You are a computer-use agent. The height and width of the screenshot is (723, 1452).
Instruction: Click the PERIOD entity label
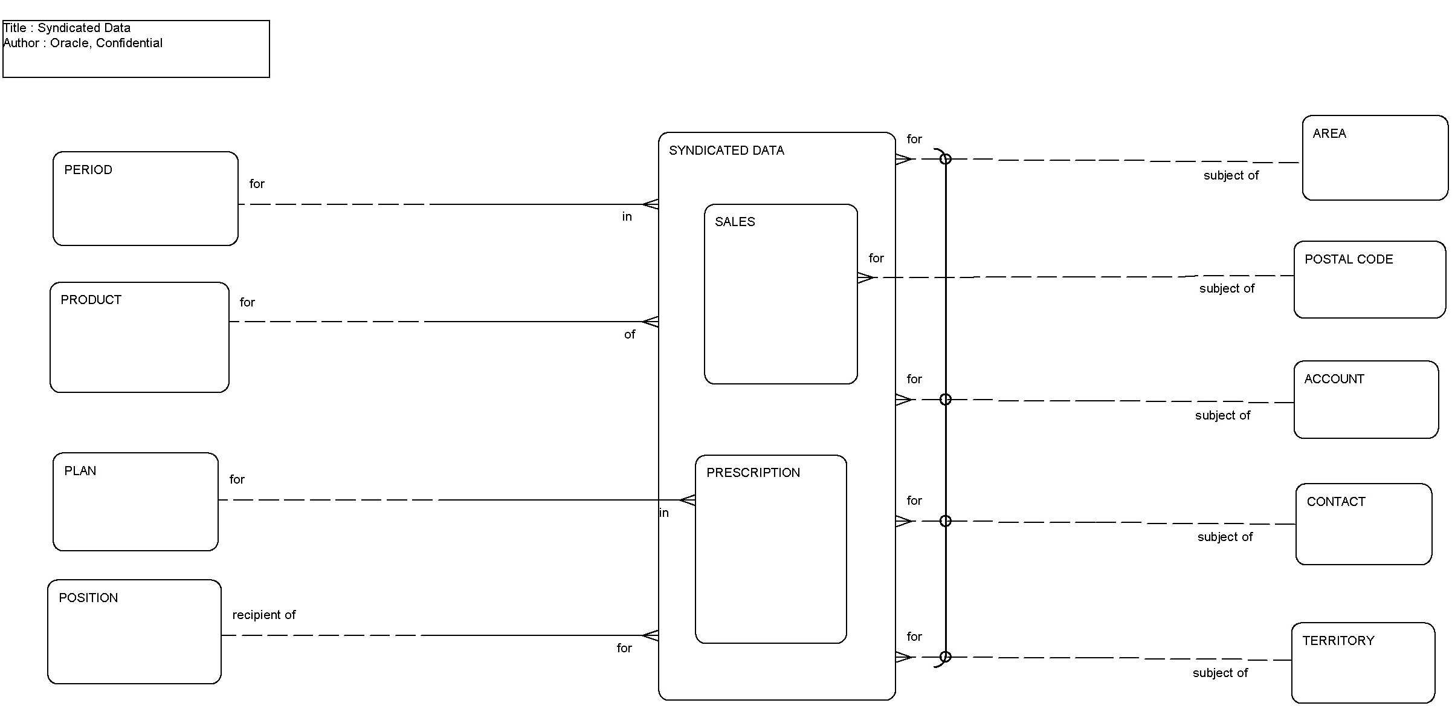[88, 170]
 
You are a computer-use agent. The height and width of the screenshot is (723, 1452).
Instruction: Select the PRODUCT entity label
[91, 300]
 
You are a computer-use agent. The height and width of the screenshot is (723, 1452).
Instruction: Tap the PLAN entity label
[80, 471]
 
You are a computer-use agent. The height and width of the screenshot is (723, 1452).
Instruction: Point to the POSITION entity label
[88, 598]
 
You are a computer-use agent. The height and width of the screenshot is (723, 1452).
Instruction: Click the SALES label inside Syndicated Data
[735, 222]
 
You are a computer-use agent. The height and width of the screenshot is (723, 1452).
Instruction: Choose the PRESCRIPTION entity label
[753, 473]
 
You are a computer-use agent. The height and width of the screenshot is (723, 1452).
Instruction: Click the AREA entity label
[1329, 134]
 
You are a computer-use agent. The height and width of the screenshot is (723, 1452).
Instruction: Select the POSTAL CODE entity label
[1349, 259]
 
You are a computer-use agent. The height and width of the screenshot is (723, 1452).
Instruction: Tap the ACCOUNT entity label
[1334, 379]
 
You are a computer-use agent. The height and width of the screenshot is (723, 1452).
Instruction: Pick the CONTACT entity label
[1336, 502]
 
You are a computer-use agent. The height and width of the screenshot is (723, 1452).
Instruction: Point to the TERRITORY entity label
[1338, 641]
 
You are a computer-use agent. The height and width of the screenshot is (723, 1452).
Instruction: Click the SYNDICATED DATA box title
[726, 151]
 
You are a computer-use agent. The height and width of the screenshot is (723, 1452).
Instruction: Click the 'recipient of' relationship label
[264, 615]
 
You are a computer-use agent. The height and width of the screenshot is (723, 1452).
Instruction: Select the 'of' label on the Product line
[630, 335]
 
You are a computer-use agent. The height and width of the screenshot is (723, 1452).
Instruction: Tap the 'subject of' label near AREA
[1231, 175]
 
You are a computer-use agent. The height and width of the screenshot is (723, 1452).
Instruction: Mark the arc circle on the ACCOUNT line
[946, 400]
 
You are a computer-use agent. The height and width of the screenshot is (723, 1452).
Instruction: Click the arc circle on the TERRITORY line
[946, 657]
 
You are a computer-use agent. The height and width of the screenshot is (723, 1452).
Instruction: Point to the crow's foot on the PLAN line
[688, 500]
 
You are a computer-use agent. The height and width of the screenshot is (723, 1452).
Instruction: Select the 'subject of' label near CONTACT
[1225, 537]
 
